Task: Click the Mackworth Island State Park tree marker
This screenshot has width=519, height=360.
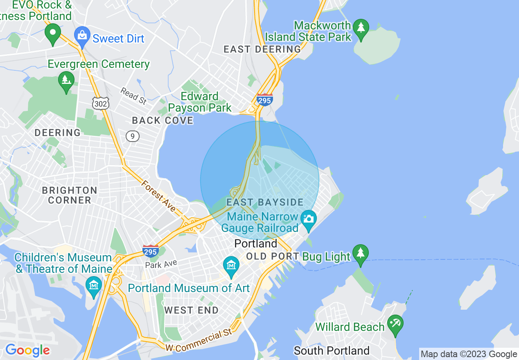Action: tap(361, 28)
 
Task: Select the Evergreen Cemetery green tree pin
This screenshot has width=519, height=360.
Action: tap(66, 81)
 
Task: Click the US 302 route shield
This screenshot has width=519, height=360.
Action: tap(100, 103)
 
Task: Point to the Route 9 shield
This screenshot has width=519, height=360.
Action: tap(133, 136)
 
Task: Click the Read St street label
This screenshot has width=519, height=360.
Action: tap(133, 96)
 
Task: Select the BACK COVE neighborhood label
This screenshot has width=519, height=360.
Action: tap(162, 120)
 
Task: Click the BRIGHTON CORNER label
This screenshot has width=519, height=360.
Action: tap(70, 195)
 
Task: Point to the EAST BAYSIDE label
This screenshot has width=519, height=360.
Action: tap(265, 202)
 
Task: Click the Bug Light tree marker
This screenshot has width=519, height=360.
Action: tap(360, 254)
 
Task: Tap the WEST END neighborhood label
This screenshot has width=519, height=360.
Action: tap(192, 310)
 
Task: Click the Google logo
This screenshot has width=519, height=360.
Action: tap(28, 350)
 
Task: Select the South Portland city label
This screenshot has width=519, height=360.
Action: tap(332, 351)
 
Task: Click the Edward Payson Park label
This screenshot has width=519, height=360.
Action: tap(200, 102)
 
